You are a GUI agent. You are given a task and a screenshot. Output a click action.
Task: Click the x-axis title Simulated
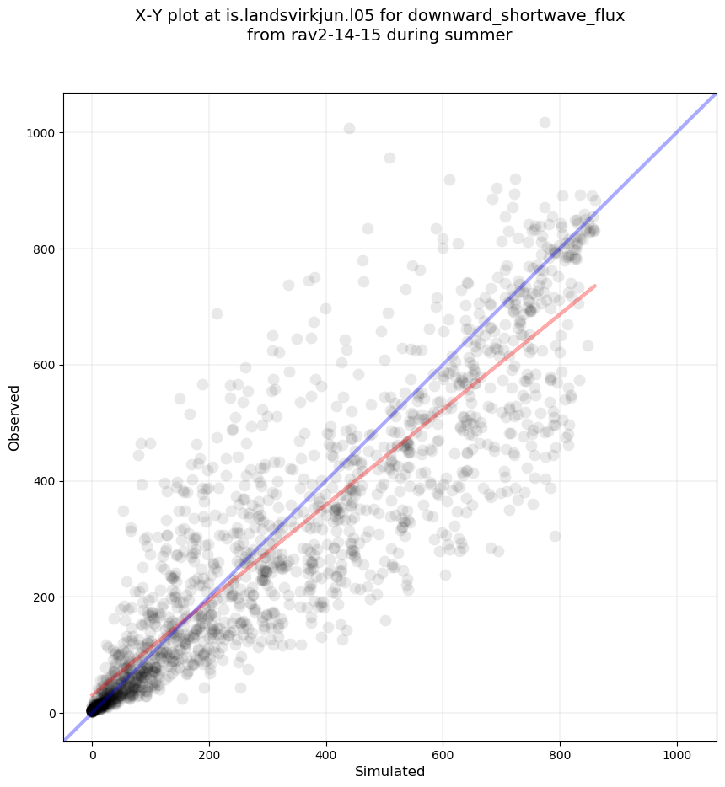point(389,772)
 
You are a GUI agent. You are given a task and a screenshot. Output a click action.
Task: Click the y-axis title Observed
point(14,417)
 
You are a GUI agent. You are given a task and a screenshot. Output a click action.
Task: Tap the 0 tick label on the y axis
point(50,714)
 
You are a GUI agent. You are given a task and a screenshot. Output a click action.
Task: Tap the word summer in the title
point(482,35)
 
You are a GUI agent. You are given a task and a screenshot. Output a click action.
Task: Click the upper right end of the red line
point(595,286)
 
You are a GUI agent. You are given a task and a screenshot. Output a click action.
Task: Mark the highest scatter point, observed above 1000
point(545,123)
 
